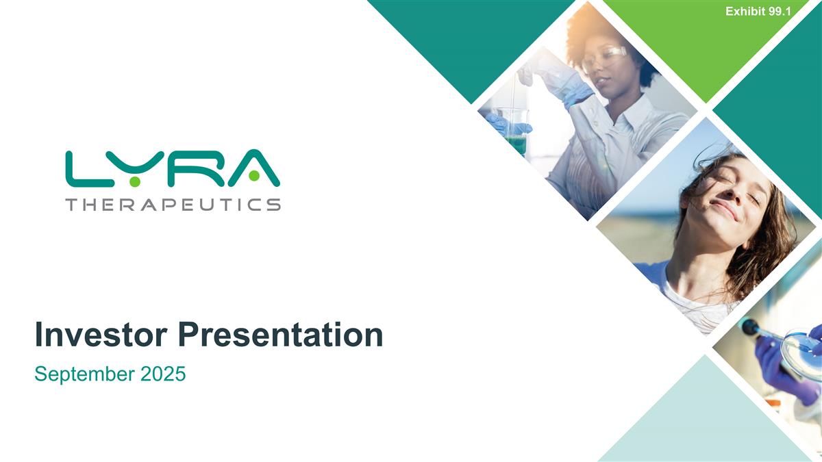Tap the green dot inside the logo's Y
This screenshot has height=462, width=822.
[x=136, y=179]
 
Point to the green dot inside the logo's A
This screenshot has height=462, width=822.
[x=254, y=177]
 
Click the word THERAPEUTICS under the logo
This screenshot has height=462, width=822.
[x=173, y=204]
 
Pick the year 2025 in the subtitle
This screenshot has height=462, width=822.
[x=163, y=374]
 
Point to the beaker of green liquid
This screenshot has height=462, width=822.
[x=516, y=133]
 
